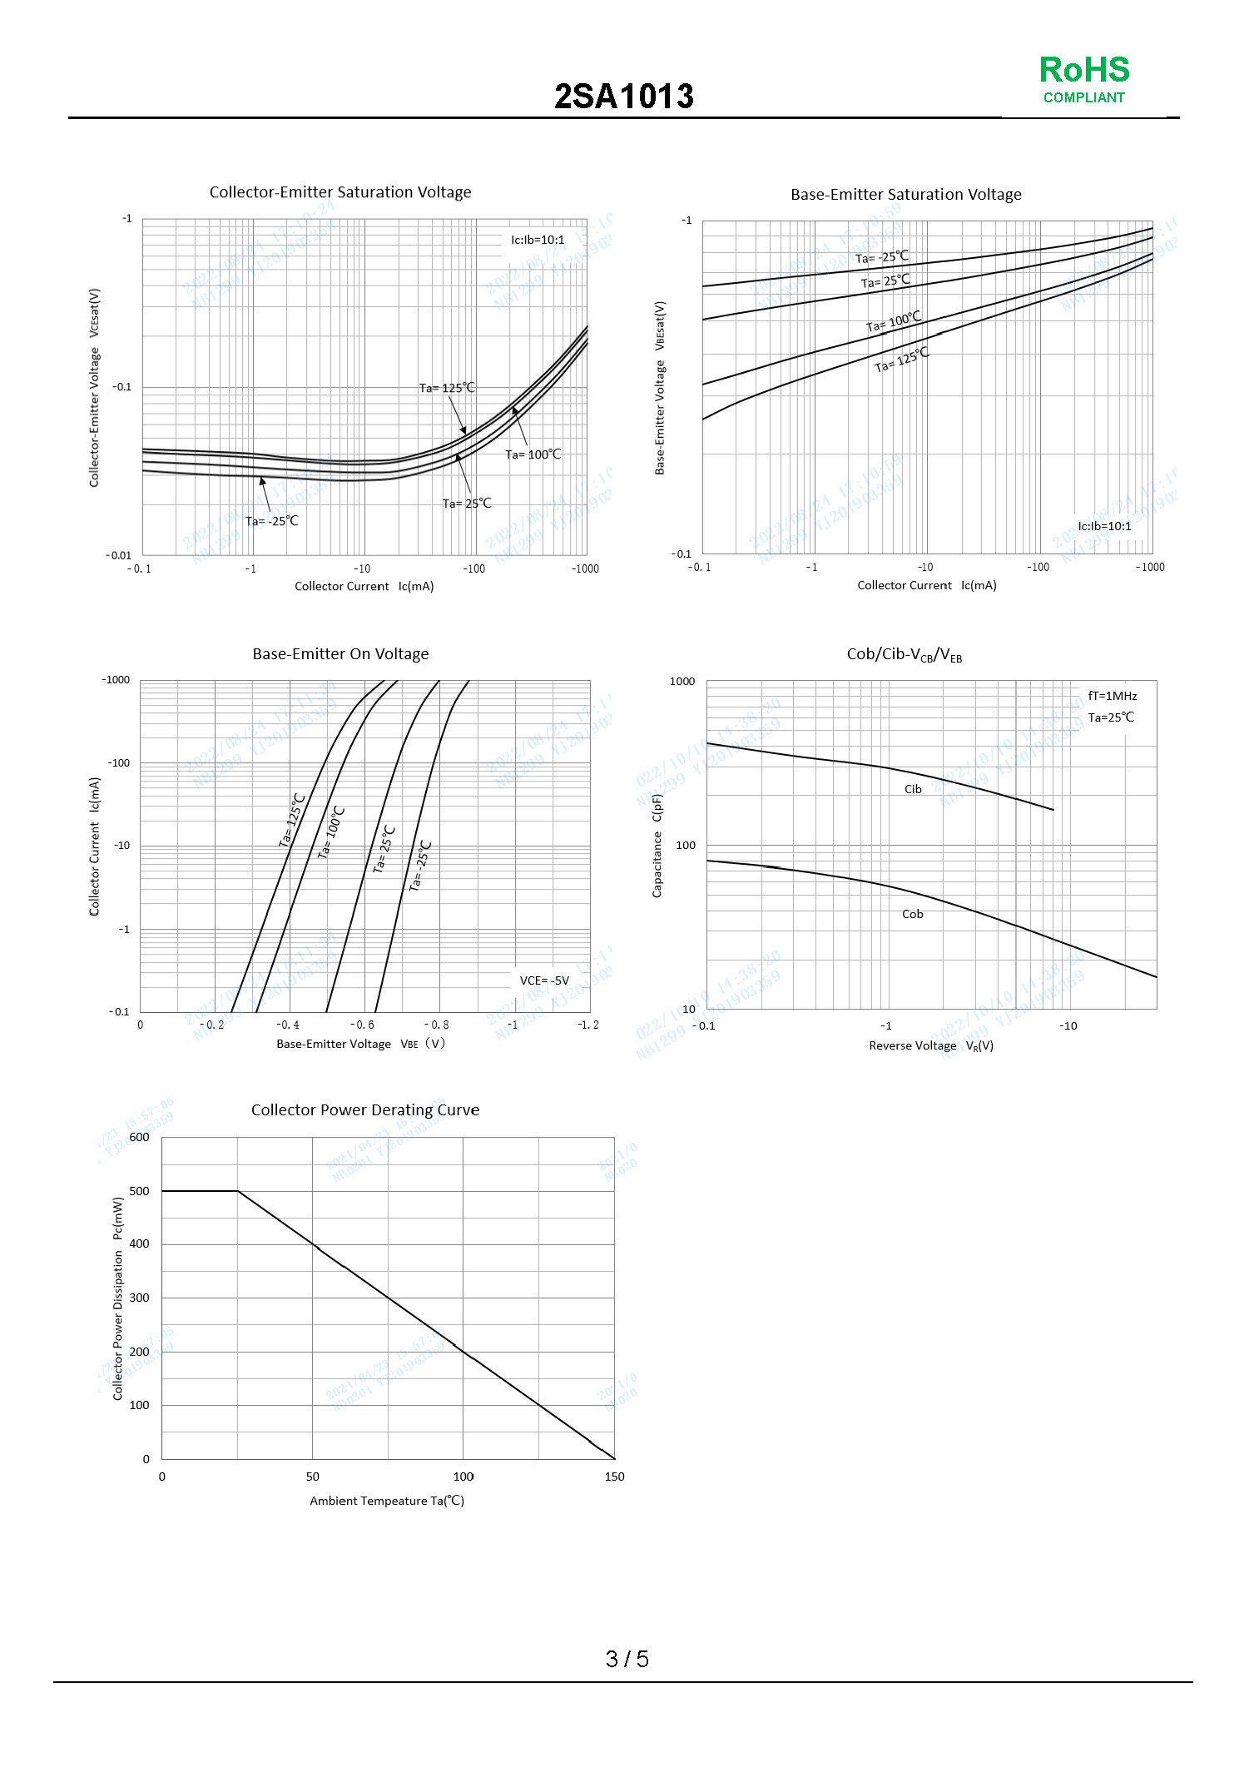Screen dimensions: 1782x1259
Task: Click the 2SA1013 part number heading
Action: (624, 97)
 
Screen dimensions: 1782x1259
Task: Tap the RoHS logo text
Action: (1083, 70)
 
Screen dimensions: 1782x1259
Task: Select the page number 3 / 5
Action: (627, 1659)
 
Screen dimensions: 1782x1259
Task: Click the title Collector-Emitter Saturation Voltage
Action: (340, 192)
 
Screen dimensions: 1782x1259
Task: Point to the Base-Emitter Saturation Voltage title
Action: (905, 195)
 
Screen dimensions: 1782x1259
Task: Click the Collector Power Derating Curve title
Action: (365, 1109)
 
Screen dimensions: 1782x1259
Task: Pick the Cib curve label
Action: (913, 789)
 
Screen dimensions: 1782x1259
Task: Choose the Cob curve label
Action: (912, 914)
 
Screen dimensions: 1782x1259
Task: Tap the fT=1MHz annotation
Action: (1112, 696)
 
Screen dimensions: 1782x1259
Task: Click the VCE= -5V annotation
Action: (544, 980)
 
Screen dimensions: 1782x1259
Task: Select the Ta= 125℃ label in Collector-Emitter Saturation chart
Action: (447, 388)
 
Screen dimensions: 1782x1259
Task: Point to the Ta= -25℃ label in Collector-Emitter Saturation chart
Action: (271, 521)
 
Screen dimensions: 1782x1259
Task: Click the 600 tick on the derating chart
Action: (140, 1137)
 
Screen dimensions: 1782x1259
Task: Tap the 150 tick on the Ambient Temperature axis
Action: (614, 1477)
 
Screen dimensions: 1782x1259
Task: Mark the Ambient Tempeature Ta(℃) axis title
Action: (387, 1501)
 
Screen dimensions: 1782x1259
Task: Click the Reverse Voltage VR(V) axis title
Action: (931, 1045)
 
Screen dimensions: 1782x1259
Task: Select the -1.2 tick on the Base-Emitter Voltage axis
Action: (588, 1025)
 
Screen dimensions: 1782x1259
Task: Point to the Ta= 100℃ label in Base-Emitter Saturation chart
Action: (894, 321)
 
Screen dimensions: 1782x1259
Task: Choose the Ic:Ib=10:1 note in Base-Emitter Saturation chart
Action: (1104, 526)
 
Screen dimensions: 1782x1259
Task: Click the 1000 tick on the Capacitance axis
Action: (682, 682)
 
